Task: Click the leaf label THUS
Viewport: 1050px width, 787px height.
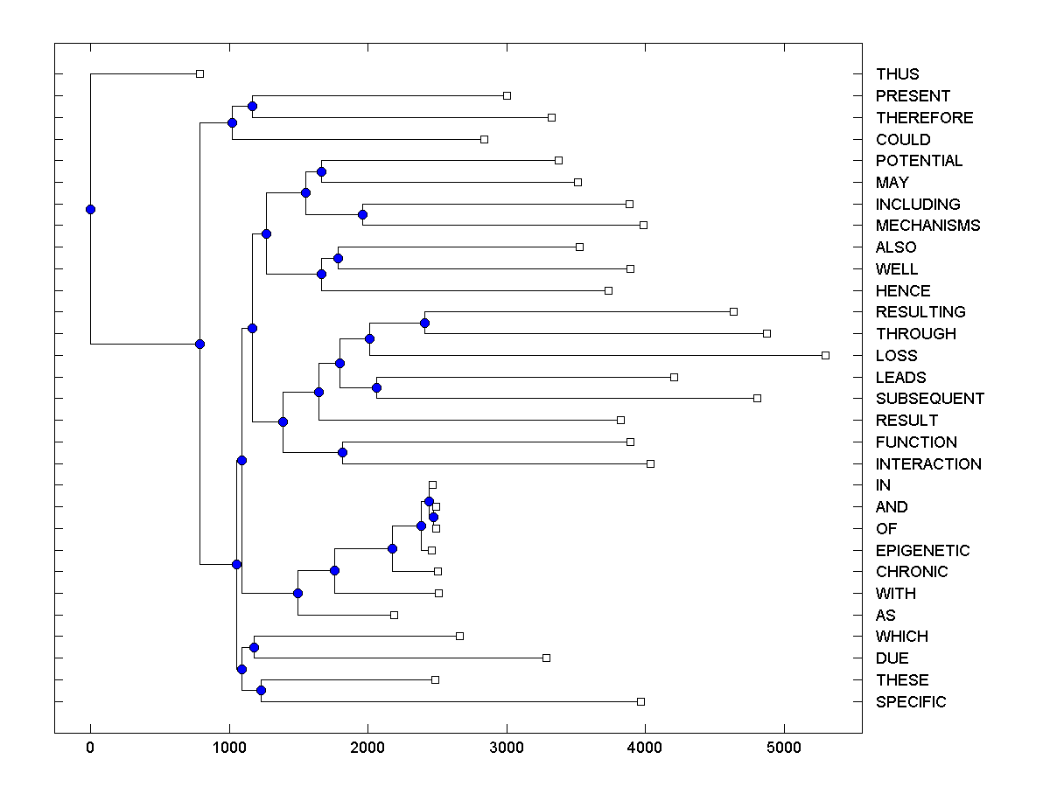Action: point(897,74)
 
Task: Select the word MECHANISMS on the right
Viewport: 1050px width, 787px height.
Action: point(927,226)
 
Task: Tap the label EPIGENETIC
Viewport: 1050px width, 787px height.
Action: point(922,551)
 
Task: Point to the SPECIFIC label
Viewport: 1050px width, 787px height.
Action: point(910,702)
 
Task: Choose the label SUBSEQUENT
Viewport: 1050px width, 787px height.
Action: point(929,399)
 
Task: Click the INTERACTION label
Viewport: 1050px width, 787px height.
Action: point(928,464)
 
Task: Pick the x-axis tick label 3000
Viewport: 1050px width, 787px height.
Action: point(507,749)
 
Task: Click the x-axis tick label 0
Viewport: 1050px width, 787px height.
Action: point(90,749)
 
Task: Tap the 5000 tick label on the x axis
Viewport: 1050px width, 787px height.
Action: point(784,749)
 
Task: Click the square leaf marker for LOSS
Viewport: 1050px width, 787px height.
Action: point(825,355)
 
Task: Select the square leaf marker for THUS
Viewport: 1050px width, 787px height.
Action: point(199,73)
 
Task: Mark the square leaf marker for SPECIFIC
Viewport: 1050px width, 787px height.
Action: point(640,701)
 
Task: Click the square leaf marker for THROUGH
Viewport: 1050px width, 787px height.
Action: point(766,333)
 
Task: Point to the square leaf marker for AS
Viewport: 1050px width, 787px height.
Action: point(394,615)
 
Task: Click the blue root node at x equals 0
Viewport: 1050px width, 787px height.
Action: point(90,209)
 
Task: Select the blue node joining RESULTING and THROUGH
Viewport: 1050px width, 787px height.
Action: point(424,323)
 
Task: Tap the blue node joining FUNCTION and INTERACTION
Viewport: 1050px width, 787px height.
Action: point(342,452)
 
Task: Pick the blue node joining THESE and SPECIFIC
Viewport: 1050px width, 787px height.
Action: point(261,691)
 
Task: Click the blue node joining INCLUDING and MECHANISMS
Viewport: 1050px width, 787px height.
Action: point(362,214)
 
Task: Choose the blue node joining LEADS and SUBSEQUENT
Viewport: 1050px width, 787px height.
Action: point(376,387)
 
